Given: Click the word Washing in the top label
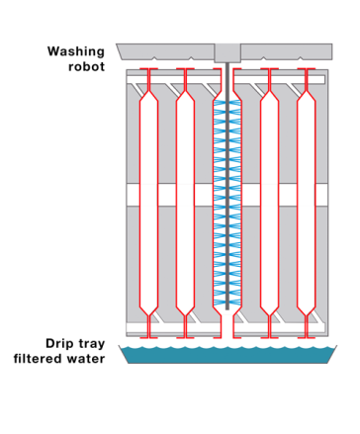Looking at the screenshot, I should coord(75,51).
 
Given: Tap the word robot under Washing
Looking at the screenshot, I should coord(86,67).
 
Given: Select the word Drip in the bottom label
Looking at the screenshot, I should coord(57,343).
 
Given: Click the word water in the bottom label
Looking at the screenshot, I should coord(86,359).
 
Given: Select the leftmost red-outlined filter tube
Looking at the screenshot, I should coord(148,198).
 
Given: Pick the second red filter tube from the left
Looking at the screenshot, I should coord(185,198).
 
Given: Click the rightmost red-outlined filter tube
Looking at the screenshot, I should coord(307,198).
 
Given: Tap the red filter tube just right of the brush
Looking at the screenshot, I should coord(269,198).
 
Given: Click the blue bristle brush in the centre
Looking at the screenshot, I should coord(227,198).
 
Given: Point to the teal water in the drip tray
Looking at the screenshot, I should coord(227,354).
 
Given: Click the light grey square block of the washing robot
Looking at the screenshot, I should coord(227,52).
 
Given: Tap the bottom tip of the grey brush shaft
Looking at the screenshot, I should coord(227,307).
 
